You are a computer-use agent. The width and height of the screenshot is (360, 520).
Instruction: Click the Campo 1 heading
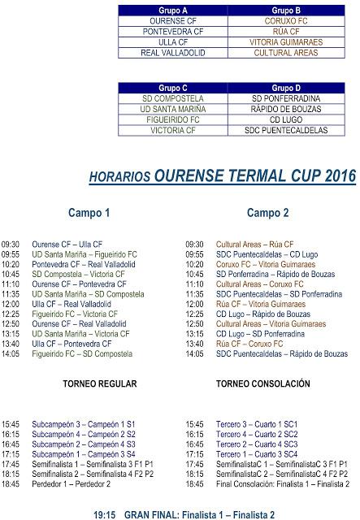click(89, 214)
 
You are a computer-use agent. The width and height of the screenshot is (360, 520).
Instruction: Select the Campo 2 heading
click(267, 214)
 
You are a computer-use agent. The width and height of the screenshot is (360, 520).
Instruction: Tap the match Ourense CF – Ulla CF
click(67, 244)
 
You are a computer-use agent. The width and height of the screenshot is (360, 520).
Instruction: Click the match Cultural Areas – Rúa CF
click(254, 244)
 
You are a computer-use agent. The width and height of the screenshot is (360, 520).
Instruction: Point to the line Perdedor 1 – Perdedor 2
click(71, 483)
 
